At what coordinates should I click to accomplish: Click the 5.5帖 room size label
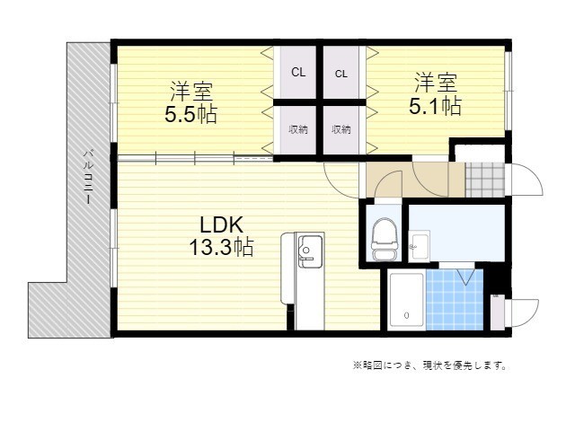click(x=190, y=115)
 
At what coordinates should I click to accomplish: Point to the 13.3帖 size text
click(x=220, y=248)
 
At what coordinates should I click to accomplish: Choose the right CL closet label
click(x=341, y=74)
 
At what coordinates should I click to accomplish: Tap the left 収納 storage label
click(x=297, y=129)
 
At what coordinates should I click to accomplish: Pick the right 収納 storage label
click(x=341, y=129)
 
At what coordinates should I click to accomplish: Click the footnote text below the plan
click(x=429, y=365)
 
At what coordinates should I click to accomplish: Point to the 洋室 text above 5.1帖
click(x=436, y=84)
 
